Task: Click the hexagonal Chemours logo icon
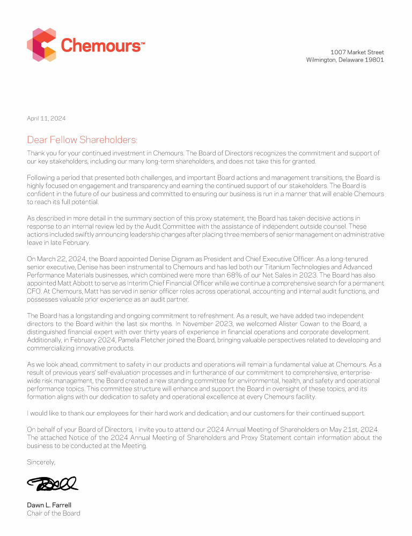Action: (42, 44)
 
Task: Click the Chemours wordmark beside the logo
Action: (102, 45)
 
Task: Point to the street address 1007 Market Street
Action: (357, 52)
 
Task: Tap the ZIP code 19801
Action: (374, 60)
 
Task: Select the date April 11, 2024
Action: (46, 118)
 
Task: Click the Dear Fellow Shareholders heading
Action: (82, 140)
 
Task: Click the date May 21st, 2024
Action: (356, 430)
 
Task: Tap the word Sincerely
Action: (41, 461)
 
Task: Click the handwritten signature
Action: (53, 484)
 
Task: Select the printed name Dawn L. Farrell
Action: (49, 505)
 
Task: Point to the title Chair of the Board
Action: (54, 513)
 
